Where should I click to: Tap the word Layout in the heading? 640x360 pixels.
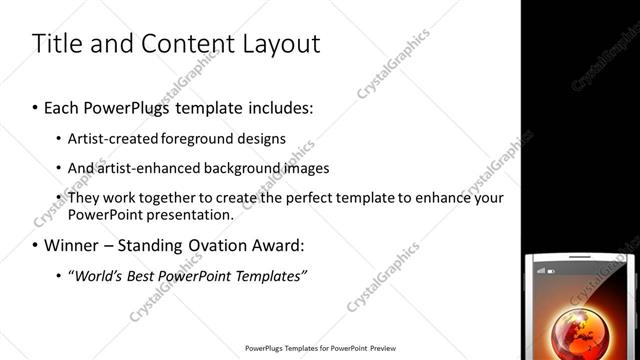[277, 44]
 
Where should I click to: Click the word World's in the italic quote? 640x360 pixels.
[96, 275]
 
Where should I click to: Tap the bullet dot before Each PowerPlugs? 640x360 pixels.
[36, 106]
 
